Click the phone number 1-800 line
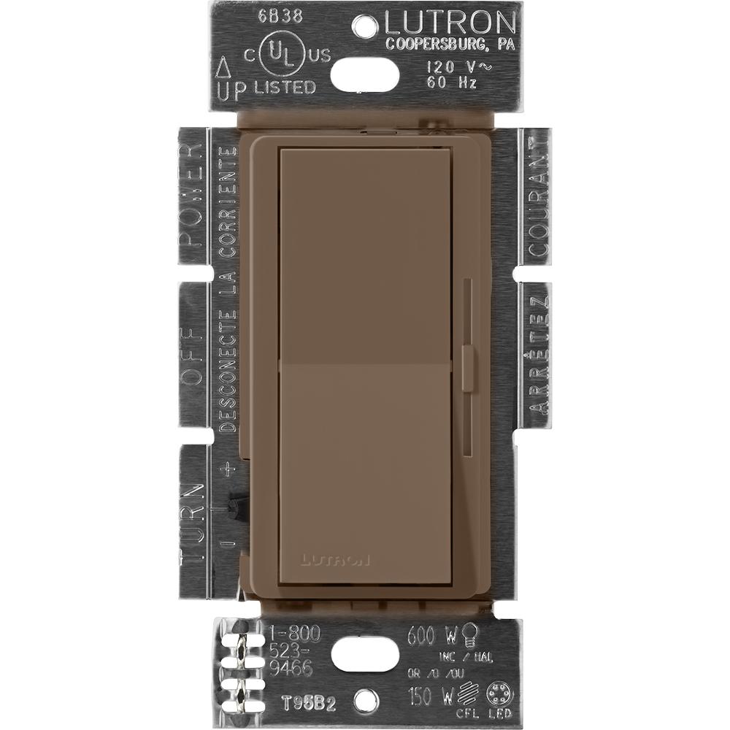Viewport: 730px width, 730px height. (290, 632)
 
